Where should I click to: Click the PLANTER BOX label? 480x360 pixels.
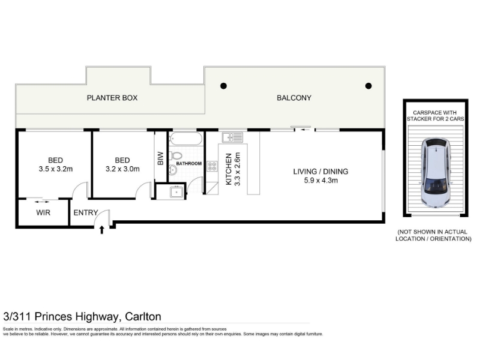pos(112,98)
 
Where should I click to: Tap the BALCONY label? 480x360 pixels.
pos(294,98)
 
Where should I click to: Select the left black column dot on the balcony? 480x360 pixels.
pos(223,86)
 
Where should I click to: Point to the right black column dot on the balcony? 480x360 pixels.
pos(368,86)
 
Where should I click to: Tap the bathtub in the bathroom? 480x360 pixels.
pos(185,139)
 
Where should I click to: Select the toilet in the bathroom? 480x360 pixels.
pos(177,155)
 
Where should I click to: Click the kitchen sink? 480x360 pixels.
pos(233,137)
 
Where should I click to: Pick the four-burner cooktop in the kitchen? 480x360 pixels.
pos(212,166)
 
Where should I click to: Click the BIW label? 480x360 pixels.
pos(161,158)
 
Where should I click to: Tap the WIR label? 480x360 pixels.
pos(43,212)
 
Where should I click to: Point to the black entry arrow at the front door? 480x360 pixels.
pos(102,230)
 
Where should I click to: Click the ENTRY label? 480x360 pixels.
pos(86,212)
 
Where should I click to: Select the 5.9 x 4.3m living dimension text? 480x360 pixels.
pos(321,181)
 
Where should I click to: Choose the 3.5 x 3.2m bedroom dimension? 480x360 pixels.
pos(56,169)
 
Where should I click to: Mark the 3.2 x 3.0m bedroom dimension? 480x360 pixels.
pos(122,169)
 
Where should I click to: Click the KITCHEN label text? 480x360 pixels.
pos(229,169)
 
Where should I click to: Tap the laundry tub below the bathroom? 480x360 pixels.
pos(176,191)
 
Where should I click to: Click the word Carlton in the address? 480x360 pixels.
pos(143,317)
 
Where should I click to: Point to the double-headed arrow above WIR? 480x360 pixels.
pos(41,202)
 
